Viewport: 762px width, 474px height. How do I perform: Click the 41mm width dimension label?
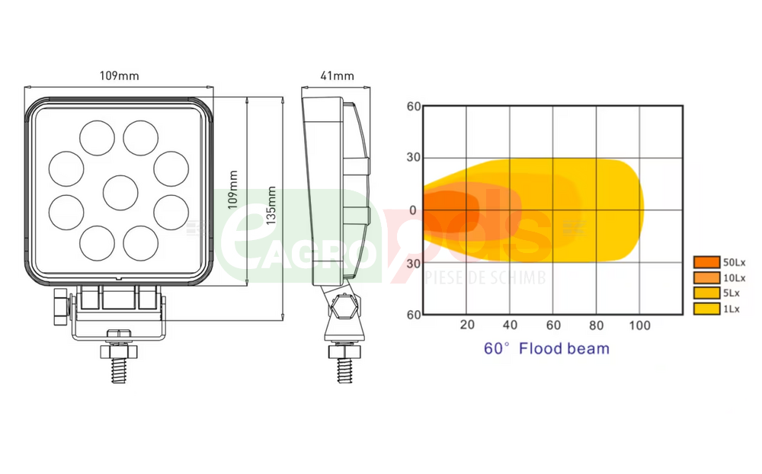[x=338, y=76]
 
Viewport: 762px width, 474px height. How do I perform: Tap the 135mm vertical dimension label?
[x=271, y=205]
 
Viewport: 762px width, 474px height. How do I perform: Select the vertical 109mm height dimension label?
[x=233, y=190]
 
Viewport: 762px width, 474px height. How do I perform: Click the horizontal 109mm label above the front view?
[x=120, y=76]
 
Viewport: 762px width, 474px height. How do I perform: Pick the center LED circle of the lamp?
[x=120, y=193]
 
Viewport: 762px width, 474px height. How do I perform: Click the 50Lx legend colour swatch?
[x=706, y=262]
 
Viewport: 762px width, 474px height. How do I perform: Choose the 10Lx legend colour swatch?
[x=706, y=278]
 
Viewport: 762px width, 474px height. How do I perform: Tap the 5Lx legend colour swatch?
[x=706, y=293]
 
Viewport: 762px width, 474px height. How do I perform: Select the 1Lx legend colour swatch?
[x=706, y=309]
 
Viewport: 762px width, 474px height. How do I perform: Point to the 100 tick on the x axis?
[x=639, y=325]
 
